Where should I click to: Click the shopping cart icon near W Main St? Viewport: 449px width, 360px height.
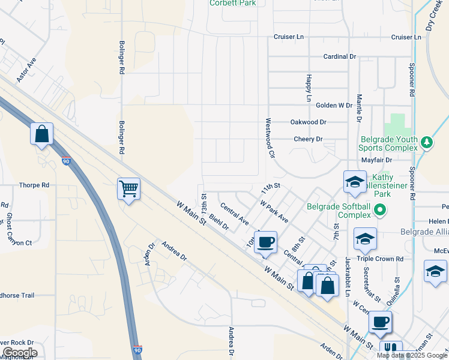click(x=129, y=189)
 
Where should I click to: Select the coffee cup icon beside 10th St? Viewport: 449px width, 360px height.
click(x=265, y=242)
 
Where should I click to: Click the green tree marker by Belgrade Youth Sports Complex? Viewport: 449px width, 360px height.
click(x=426, y=142)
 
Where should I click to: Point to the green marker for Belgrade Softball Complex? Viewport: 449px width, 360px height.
click(x=380, y=210)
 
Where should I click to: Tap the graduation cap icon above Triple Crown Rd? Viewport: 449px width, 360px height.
click(x=365, y=239)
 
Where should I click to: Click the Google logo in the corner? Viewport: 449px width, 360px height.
click(x=19, y=353)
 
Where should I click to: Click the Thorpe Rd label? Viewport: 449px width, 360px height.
click(x=34, y=185)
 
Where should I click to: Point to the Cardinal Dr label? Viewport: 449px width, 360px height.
click(x=339, y=56)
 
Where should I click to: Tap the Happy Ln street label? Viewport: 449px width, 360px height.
click(x=309, y=88)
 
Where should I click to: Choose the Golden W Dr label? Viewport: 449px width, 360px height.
click(x=334, y=105)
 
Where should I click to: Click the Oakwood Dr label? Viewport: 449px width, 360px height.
click(x=309, y=122)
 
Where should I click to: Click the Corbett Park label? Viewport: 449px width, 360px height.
click(x=232, y=3)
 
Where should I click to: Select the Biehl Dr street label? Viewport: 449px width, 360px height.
click(x=219, y=223)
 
